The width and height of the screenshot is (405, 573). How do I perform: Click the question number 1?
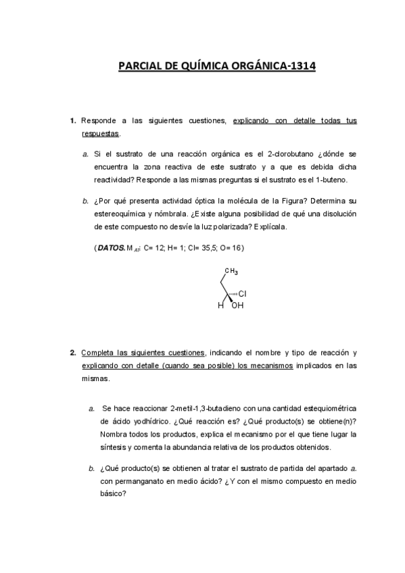click(72, 121)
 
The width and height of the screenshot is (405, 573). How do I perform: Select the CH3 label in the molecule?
click(231, 272)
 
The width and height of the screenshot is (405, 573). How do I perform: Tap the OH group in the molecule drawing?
click(237, 305)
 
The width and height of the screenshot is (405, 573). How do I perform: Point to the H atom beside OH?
click(220, 305)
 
